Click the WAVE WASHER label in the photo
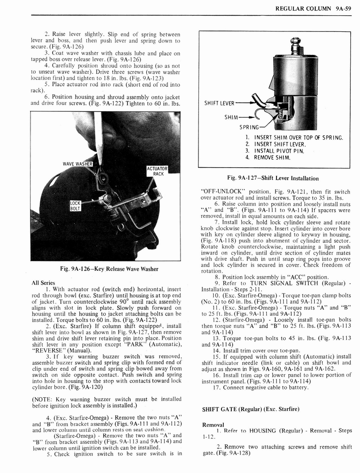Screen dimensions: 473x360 (x=78, y=164)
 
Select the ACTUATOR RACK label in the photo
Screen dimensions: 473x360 (x=157, y=171)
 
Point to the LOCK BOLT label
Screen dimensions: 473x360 (x=75, y=206)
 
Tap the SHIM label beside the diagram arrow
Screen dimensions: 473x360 (x=231, y=117)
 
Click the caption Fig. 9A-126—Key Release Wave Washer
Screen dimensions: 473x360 (x=106, y=269)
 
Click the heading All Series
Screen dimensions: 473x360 (x=43, y=283)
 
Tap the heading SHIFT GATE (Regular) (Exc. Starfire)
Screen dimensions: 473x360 (x=251, y=409)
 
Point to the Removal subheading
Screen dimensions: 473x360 (x=213, y=424)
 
